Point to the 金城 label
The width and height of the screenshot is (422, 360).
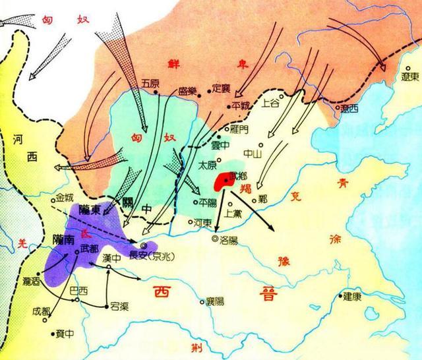64,197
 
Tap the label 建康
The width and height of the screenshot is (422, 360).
351,297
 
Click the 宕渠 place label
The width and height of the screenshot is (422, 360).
119,305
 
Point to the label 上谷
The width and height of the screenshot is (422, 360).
271,104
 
